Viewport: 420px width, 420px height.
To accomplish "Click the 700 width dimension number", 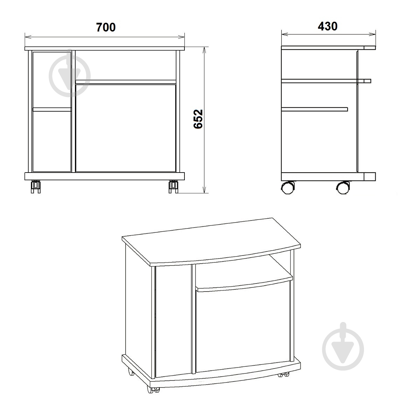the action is (x=106, y=27).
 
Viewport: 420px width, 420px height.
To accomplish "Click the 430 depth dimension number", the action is (x=327, y=26).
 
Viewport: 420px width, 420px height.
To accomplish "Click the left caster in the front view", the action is (x=36, y=187).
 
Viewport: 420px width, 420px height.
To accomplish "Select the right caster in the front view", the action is (x=174, y=187).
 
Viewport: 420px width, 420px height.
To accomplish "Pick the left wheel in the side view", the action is (x=287, y=188).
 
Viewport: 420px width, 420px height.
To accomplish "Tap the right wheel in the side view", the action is (x=343, y=188).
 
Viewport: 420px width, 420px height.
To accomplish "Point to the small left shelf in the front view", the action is (x=52, y=109).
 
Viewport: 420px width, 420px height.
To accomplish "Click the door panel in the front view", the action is (x=126, y=128).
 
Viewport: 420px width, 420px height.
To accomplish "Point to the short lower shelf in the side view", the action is (x=315, y=109).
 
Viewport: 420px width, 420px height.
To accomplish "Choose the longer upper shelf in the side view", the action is (x=326, y=81).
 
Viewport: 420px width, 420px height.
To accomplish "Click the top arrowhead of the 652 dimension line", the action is (x=204, y=50).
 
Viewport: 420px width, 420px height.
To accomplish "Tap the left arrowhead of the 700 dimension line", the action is (x=28, y=37).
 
